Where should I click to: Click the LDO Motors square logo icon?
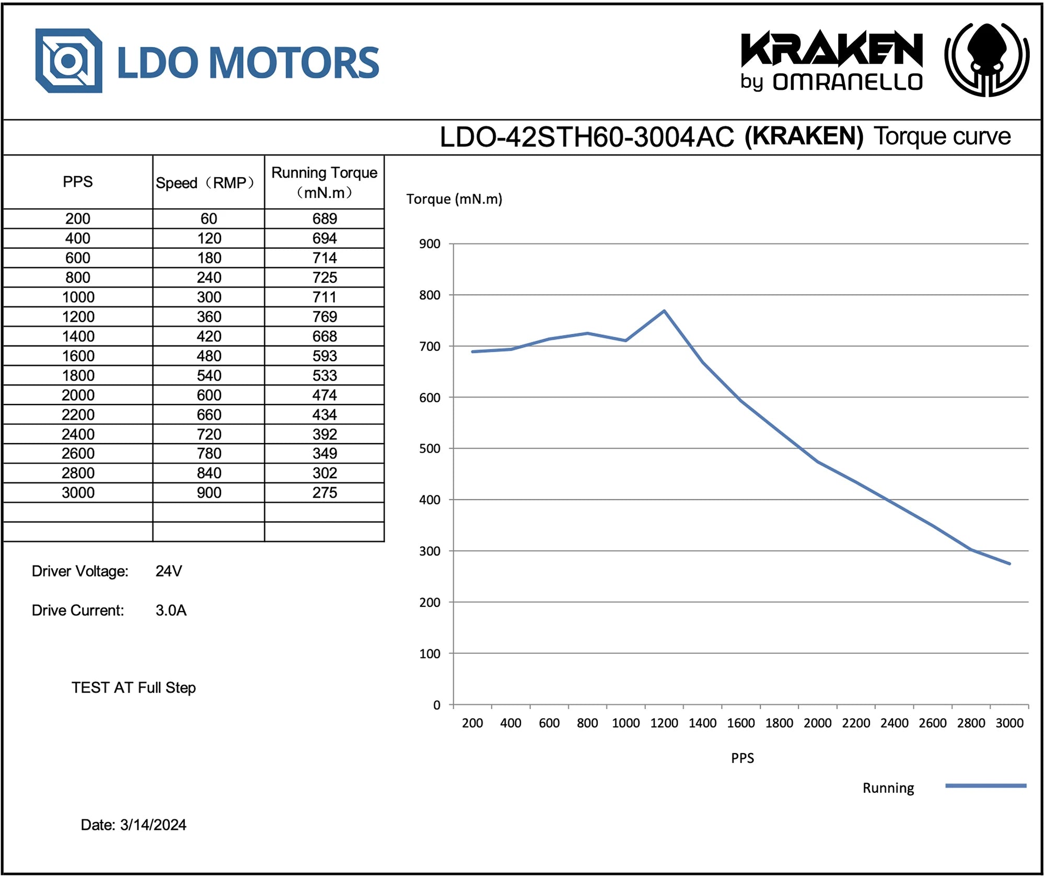pos(68,61)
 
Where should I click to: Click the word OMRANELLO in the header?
pos(847,82)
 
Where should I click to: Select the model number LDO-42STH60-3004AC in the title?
pos(586,137)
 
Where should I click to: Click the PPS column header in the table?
pos(77,182)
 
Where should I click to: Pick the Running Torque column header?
pos(324,182)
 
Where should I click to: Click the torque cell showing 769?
pos(324,317)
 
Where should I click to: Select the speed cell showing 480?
pos(209,356)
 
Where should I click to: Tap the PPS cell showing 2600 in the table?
pos(78,454)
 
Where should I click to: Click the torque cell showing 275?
pos(324,493)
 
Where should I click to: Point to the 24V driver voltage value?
pos(169,571)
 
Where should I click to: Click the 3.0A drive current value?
pos(171,610)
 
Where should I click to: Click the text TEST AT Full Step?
pos(134,688)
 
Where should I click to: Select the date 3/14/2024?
pos(153,825)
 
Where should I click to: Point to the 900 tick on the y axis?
pos(429,244)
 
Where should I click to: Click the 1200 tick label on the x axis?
pos(664,723)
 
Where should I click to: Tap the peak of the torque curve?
pos(664,311)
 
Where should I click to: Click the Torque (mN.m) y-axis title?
pos(454,199)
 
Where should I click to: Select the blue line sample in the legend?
pos(985,785)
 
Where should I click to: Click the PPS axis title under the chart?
pos(742,758)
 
